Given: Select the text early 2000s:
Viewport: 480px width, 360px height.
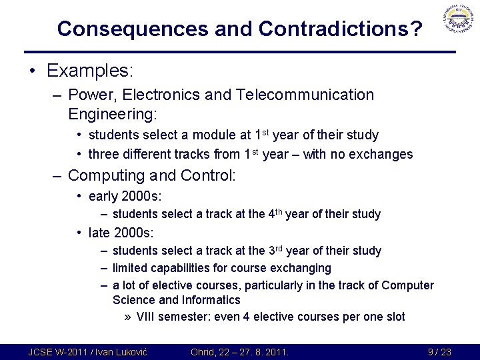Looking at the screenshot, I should [x=125, y=197].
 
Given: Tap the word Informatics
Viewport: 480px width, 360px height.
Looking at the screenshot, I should [x=208, y=300].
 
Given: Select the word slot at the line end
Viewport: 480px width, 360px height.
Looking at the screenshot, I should [x=393, y=317].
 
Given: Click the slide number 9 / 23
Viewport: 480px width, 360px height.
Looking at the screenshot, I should [x=439, y=351].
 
